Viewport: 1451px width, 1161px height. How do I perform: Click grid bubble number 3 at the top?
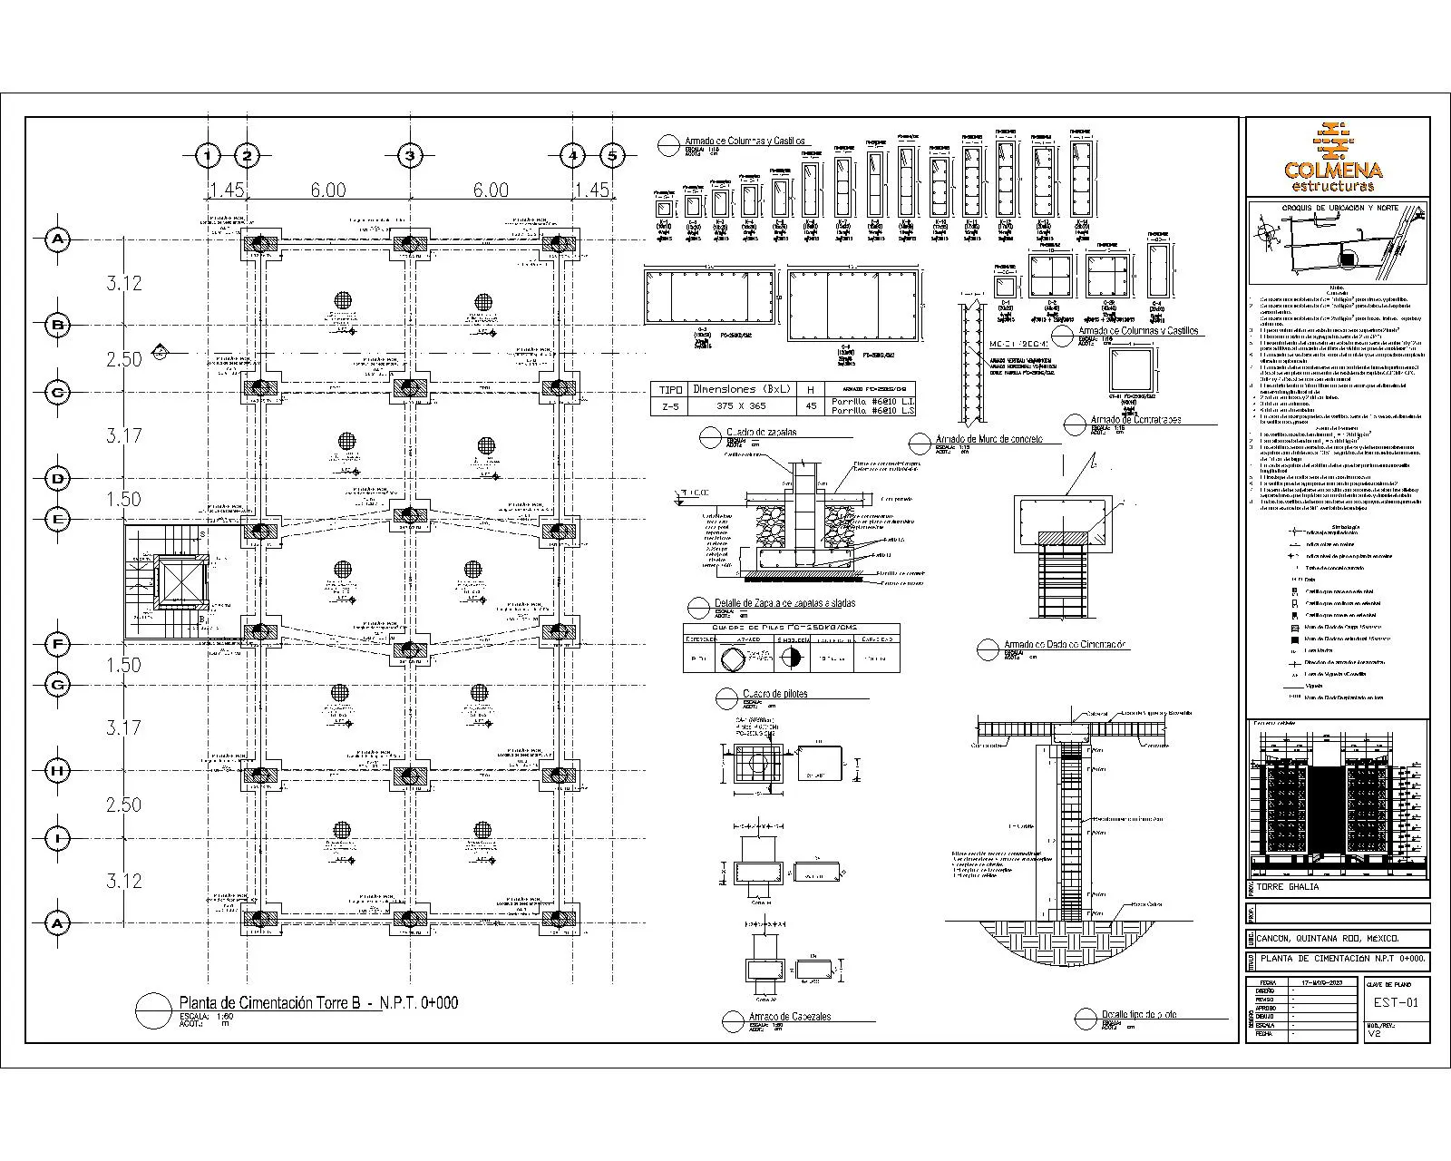pyautogui.click(x=410, y=156)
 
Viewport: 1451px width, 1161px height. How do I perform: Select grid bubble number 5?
pyautogui.click(x=612, y=156)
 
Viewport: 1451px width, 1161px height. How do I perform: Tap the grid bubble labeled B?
pyautogui.click(x=58, y=325)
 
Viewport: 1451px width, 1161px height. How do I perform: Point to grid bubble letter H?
pyautogui.click(x=58, y=771)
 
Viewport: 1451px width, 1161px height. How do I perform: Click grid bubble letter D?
pyautogui.click(x=58, y=478)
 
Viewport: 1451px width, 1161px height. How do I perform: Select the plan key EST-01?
pyautogui.click(x=1395, y=1002)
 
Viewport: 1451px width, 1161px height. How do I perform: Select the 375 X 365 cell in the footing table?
pyautogui.click(x=741, y=406)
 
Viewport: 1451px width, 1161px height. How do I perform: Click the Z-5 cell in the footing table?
pyautogui.click(x=670, y=406)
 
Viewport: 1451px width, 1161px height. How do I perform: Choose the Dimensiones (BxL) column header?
pyautogui.click(x=741, y=388)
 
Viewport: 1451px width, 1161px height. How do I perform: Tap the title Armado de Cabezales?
pyautogui.click(x=789, y=1016)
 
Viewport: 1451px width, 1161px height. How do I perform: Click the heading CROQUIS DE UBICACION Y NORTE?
pyautogui.click(x=1339, y=208)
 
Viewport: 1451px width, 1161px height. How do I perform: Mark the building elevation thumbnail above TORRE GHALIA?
pyautogui.click(x=1339, y=798)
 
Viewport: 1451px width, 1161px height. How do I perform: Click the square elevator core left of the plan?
pyautogui.click(x=182, y=582)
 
